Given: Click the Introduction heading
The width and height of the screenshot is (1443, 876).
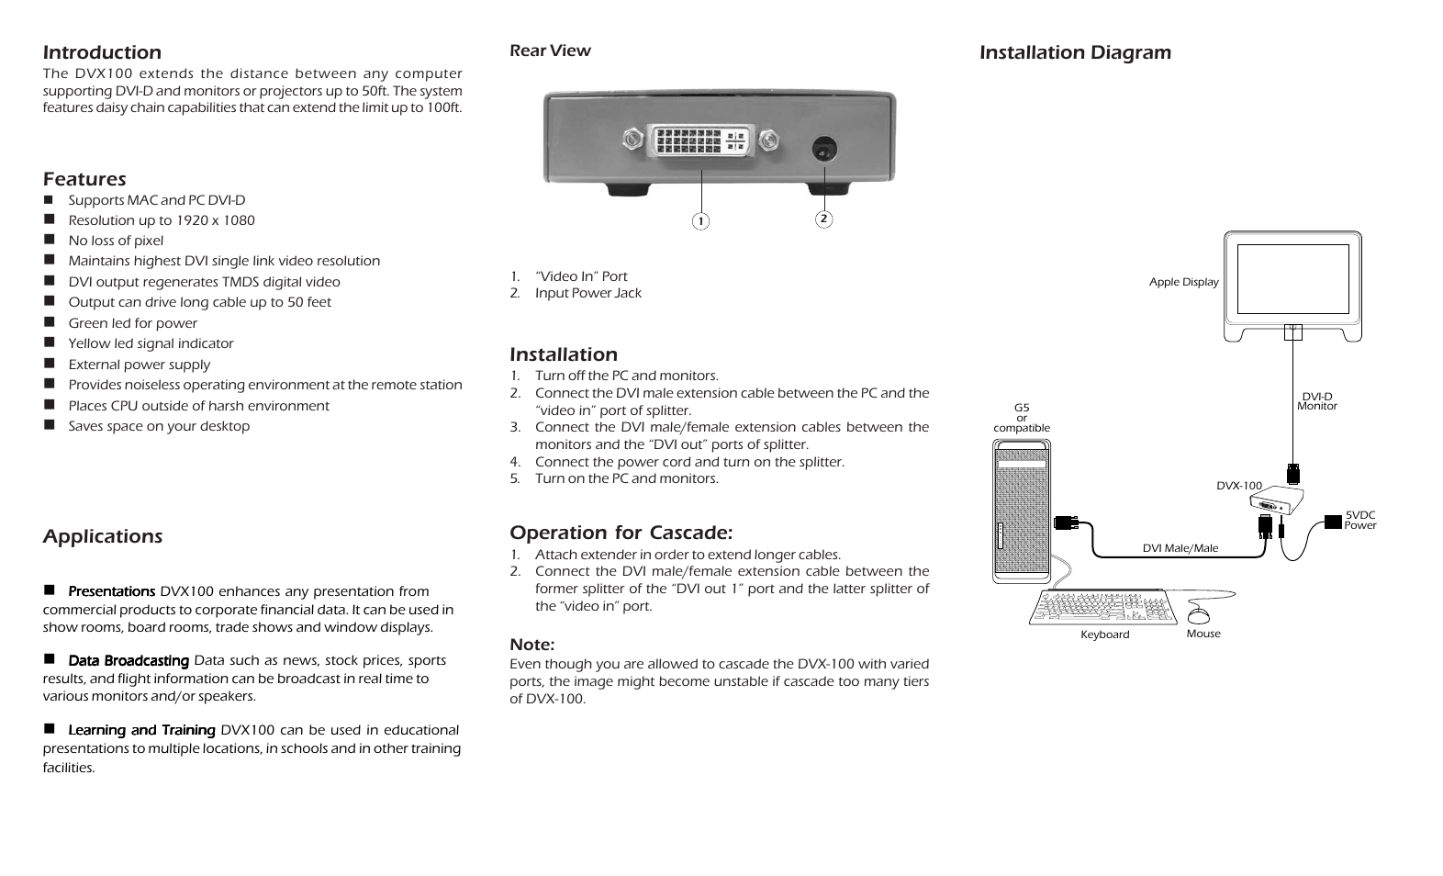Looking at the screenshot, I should [102, 52].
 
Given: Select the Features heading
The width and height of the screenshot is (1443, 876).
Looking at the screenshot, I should [84, 179].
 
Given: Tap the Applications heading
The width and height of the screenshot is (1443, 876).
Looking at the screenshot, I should [103, 536].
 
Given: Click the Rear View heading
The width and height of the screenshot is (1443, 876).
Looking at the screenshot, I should [550, 51].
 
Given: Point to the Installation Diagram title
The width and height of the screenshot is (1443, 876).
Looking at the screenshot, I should [1075, 52].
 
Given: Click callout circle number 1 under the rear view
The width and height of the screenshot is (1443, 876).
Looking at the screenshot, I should [700, 221].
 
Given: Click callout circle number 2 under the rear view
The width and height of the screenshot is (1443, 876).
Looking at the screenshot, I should [823, 219].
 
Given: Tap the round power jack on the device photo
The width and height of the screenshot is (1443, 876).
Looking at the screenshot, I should [824, 151].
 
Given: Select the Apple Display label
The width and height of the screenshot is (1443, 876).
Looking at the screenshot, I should [1183, 282].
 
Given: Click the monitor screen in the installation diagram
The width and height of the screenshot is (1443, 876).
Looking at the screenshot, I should [1292, 279].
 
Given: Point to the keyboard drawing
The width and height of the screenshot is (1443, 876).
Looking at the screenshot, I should [1102, 607].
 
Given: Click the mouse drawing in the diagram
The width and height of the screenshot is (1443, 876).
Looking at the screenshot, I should [1199, 613].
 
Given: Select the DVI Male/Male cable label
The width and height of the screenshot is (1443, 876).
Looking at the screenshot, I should [1180, 548].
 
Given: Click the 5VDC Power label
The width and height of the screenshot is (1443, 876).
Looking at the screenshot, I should [1359, 521].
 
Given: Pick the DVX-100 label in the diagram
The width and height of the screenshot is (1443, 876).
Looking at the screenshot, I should [1238, 486].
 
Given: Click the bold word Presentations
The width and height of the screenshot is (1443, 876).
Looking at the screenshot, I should [111, 591].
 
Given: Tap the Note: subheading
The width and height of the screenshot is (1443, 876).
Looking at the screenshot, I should [531, 645].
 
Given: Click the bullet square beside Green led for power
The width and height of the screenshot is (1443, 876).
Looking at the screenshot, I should [50, 322].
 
